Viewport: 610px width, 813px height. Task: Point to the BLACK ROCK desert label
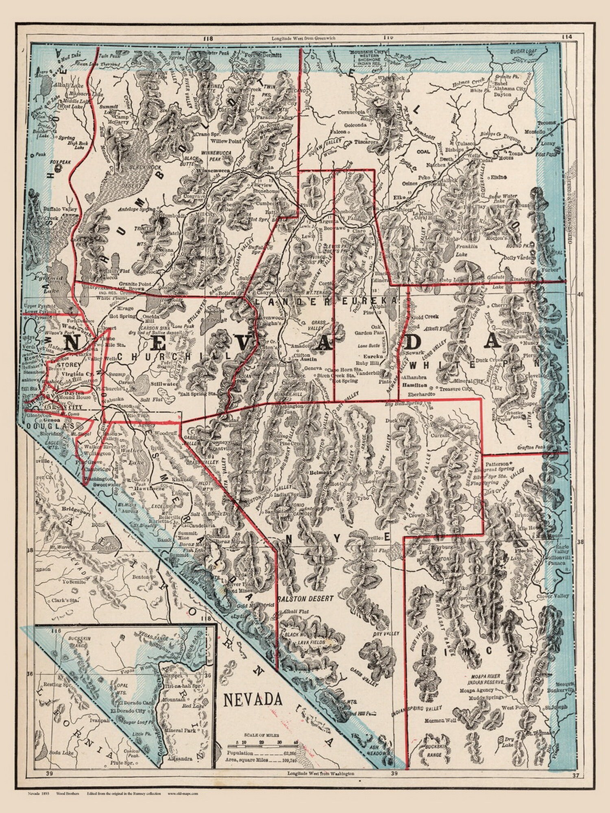coord(134,168)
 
